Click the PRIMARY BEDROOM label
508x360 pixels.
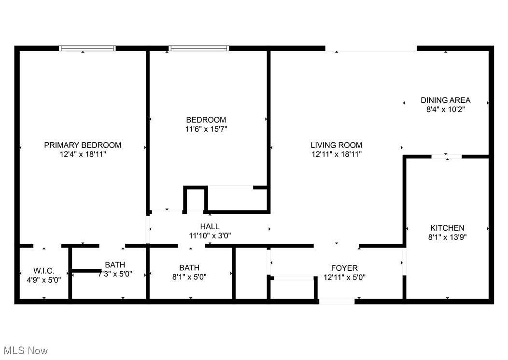coord(83,145)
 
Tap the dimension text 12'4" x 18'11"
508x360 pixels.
coord(83,154)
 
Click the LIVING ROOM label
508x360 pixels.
coord(336,145)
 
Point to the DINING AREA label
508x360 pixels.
coord(445,100)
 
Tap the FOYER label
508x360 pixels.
coord(344,268)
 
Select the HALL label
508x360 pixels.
coord(210,226)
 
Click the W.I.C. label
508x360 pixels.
coord(44,270)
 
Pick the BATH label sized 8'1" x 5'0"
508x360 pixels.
coord(189,268)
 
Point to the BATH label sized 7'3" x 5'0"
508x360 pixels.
coord(115,264)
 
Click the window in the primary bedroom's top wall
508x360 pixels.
coord(87,48)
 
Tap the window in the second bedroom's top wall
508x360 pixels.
coord(198,48)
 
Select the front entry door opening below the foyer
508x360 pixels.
coord(337,302)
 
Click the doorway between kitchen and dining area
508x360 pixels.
coord(447,156)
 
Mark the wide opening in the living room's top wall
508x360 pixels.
coord(370,49)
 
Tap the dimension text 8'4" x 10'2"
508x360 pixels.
coord(445,110)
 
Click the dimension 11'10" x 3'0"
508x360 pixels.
coord(210,236)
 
